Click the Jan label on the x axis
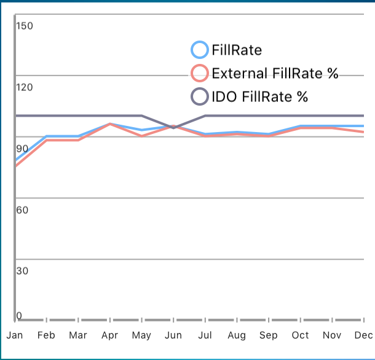(15, 335)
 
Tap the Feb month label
(46, 335)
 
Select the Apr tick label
(109, 335)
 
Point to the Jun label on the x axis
(173, 335)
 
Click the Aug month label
(237, 335)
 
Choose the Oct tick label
(300, 335)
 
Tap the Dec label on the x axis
(363, 335)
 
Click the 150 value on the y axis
(25, 26)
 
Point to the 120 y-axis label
(25, 87)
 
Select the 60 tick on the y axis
(22, 210)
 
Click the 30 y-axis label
(22, 271)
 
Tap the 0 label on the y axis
(19, 316)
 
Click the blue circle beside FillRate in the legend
(200, 50)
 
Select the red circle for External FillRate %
(200, 74)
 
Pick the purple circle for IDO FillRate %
(200, 96)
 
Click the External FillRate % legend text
(275, 74)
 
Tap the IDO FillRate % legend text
(259, 96)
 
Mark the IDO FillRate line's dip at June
(173, 128)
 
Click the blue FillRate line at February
(47, 136)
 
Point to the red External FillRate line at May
(141, 135)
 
